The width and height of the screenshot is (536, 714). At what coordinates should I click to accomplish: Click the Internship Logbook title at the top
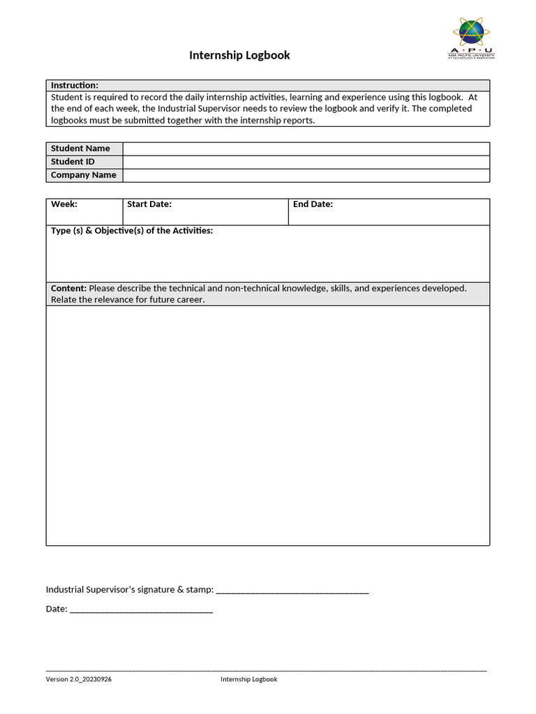point(239,55)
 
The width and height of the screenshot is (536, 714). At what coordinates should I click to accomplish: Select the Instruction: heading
point(75,85)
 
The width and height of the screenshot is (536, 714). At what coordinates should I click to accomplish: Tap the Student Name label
point(80,149)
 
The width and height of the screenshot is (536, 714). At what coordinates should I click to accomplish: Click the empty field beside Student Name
point(306,149)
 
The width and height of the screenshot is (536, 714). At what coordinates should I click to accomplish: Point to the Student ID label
point(73,162)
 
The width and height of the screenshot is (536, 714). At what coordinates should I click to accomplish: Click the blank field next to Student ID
point(306,162)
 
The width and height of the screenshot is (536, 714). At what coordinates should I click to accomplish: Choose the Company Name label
point(83,175)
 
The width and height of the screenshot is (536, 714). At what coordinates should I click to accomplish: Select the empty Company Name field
point(306,175)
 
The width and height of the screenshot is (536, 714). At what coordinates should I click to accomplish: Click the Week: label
point(64,204)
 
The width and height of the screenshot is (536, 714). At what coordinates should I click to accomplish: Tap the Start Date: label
point(149,204)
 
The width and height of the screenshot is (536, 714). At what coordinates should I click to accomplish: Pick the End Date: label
point(313,204)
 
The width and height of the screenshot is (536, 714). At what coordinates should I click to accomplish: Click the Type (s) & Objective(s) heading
point(132,231)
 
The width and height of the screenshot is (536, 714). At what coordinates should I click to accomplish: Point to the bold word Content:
point(68,288)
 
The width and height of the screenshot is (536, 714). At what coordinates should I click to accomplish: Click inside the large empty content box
point(267,425)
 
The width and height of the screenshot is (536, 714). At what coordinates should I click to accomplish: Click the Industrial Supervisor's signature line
point(292,591)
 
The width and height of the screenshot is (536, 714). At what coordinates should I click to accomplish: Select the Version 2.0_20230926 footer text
point(78,679)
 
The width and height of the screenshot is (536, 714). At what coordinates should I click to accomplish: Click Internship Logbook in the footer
point(248,679)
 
